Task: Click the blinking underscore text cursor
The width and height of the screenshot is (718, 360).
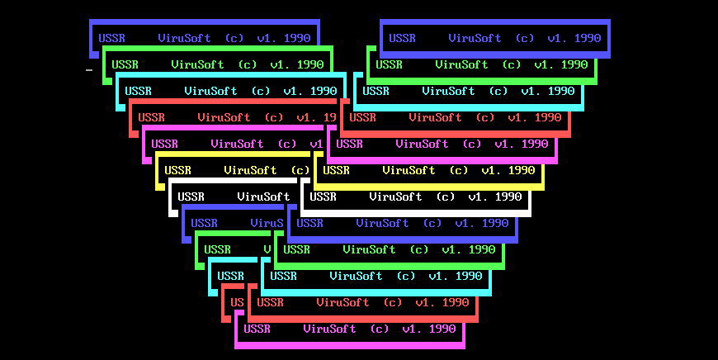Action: pyautogui.click(x=89, y=70)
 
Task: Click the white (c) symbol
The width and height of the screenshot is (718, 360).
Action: pyautogui.click(x=445, y=197)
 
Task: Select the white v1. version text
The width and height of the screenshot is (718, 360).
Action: pyautogui.click(x=478, y=197)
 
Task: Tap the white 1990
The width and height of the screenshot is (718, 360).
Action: pyautogui.click(x=508, y=197)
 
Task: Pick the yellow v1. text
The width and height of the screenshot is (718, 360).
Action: pyautogui.click(x=491, y=170)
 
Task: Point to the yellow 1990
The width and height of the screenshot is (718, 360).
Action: pyautogui.click(x=522, y=170)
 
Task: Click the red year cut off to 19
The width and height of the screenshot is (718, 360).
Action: pyautogui.click(x=329, y=118)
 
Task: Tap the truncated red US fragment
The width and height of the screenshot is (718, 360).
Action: pyautogui.click(x=237, y=303)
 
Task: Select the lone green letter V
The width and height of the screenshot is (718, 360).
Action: pyautogui.click(x=267, y=249)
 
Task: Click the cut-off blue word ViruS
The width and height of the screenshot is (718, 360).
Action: pyautogui.click(x=267, y=224)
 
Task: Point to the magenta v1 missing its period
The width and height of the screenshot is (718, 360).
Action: pyautogui.click(x=316, y=144)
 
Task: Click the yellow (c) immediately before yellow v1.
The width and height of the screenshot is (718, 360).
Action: pyautogui.click(x=458, y=170)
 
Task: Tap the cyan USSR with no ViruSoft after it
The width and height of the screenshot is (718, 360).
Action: pyautogui.click(x=230, y=276)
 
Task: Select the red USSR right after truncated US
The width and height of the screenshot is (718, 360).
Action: pyautogui.click(x=270, y=303)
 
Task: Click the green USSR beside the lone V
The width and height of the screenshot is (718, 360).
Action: pyautogui.click(x=217, y=249)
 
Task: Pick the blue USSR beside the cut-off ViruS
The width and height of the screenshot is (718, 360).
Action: pyautogui.click(x=204, y=224)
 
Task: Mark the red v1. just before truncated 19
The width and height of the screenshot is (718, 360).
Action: pyautogui.click(x=306, y=118)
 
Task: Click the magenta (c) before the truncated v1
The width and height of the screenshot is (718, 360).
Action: pyautogui.click(x=287, y=144)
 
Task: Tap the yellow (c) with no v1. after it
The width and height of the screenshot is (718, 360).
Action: pyautogui.click(x=300, y=170)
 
